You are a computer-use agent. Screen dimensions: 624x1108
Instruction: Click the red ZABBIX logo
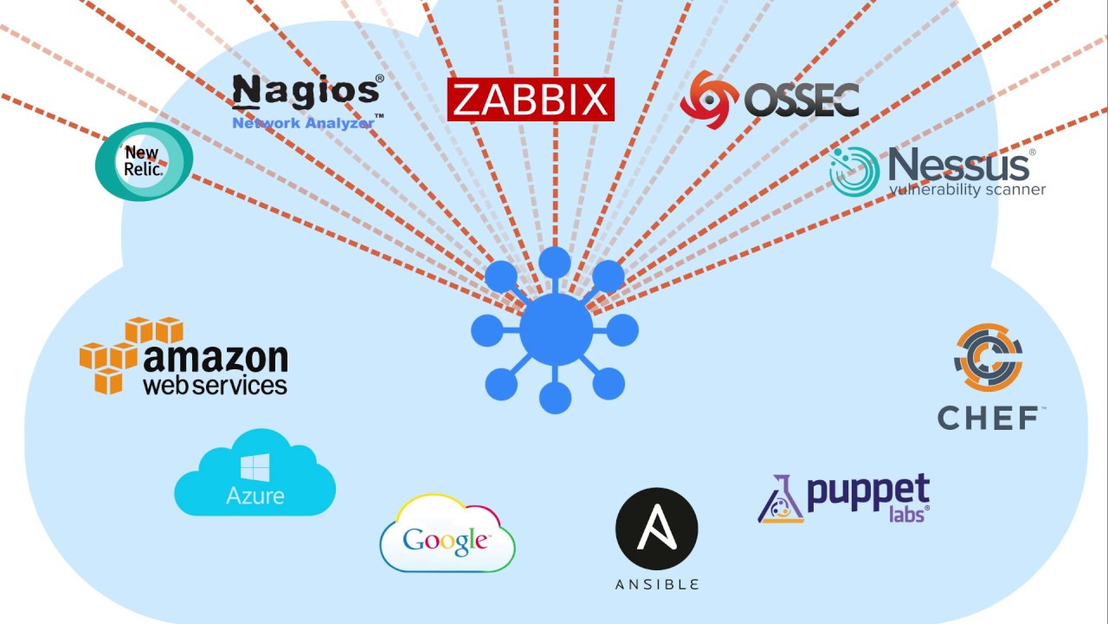[x=530, y=100]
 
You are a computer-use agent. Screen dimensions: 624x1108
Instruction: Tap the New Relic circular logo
[x=144, y=161]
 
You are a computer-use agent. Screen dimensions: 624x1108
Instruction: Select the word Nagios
[x=306, y=91]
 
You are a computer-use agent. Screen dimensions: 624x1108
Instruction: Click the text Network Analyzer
[x=303, y=123]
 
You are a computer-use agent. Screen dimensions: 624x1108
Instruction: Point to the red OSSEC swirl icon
[x=709, y=100]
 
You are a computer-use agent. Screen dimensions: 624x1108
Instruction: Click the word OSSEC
[x=802, y=101]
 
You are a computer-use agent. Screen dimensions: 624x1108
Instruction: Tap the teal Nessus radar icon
[x=854, y=171]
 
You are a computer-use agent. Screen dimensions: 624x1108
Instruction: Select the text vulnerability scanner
[x=967, y=190]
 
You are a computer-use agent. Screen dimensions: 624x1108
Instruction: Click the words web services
[x=215, y=385]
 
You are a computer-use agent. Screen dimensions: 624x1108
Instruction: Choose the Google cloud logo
[x=448, y=535]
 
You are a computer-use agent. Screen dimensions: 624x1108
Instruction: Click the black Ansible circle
[x=656, y=529]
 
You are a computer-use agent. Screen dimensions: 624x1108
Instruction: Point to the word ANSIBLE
[x=656, y=585]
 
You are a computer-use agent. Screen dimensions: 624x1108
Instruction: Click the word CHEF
[x=989, y=418]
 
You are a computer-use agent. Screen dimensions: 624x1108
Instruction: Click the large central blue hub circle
[x=556, y=329]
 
